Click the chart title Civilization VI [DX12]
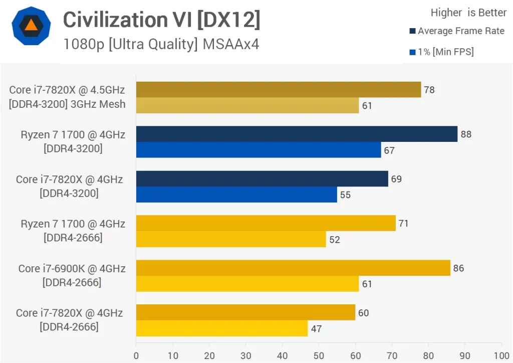(161, 20)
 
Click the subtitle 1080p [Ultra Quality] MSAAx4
(161, 44)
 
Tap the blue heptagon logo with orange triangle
(31, 26)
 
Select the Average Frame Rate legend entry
(456, 31)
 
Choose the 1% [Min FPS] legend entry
(441, 52)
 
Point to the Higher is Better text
(468, 13)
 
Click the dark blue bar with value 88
(297, 134)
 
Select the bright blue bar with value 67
(258, 150)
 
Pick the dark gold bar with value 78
(278, 90)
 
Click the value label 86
(458, 268)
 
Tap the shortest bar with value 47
(221, 328)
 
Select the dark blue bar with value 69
(262, 178)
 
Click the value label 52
(335, 240)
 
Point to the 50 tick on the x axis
(319, 355)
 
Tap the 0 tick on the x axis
(136, 355)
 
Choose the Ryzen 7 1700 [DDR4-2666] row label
(73, 231)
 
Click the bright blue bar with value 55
(236, 195)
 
